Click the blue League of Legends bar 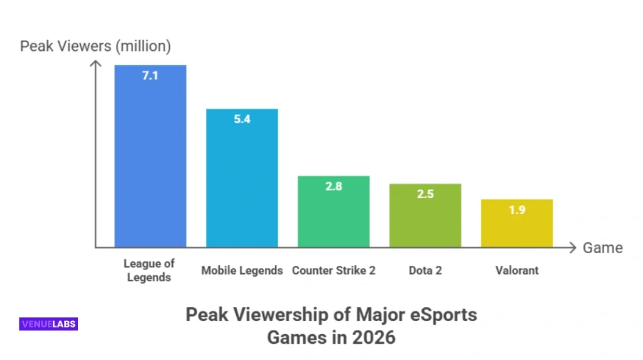[x=150, y=163]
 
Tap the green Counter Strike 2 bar [x=333, y=217]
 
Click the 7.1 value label [x=150, y=77]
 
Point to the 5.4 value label [x=242, y=119]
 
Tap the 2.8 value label [x=333, y=186]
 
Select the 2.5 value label [x=425, y=194]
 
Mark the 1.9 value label [x=517, y=210]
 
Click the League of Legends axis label [x=149, y=270]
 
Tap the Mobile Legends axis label [x=242, y=271]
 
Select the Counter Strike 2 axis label [x=333, y=271]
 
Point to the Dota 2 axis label [x=425, y=271]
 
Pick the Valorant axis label [x=517, y=271]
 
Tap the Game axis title [x=602, y=248]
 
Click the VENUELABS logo [x=48, y=324]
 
